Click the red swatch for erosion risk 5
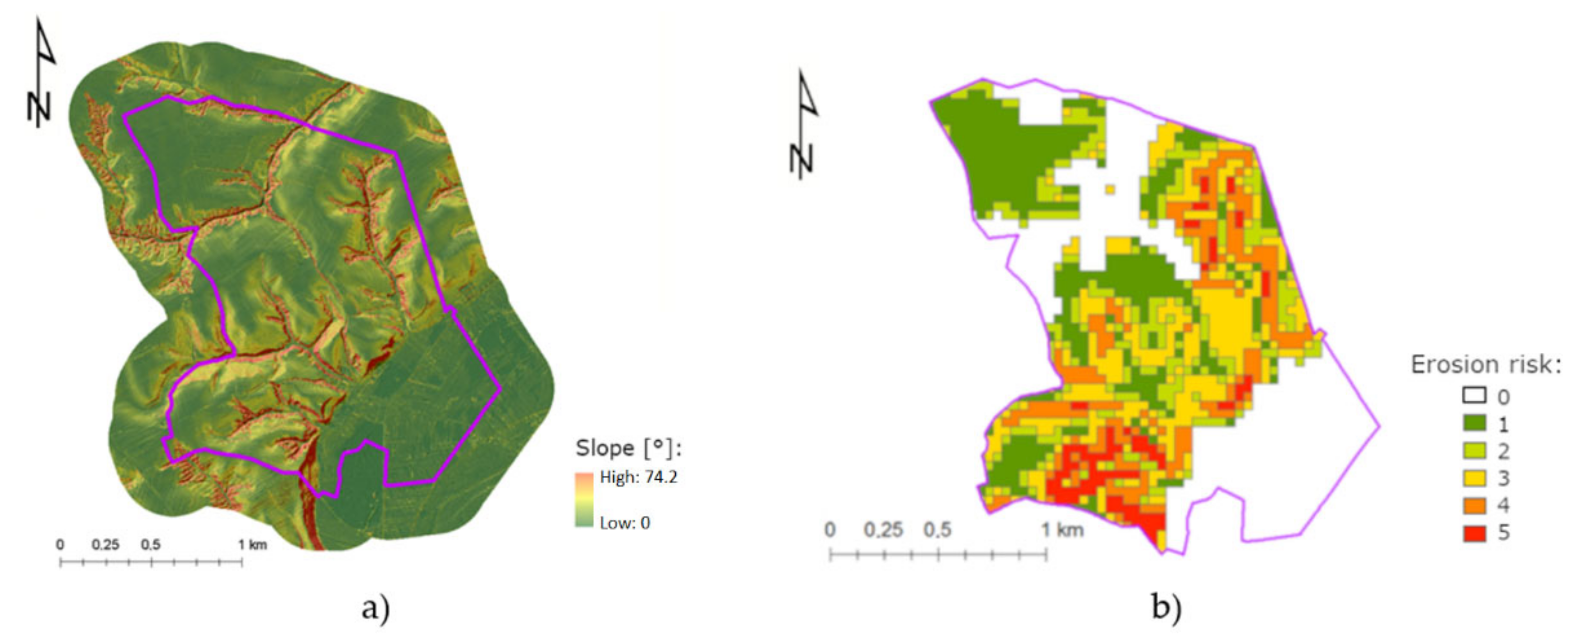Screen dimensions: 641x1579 [1474, 533]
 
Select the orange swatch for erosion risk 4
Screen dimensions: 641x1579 [1474, 505]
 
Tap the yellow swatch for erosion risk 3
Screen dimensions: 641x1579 [1474, 478]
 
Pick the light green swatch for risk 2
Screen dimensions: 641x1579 [1474, 451]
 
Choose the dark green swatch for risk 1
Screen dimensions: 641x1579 [1474, 423]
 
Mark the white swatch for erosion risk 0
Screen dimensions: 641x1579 [1474, 396]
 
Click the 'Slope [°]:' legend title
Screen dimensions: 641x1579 [628, 448]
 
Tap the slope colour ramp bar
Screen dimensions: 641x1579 [584, 500]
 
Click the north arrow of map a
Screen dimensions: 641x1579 [41, 74]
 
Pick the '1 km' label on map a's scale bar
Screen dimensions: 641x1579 [252, 544]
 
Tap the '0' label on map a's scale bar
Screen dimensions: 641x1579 [60, 544]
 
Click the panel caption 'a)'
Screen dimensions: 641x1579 [376, 609]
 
